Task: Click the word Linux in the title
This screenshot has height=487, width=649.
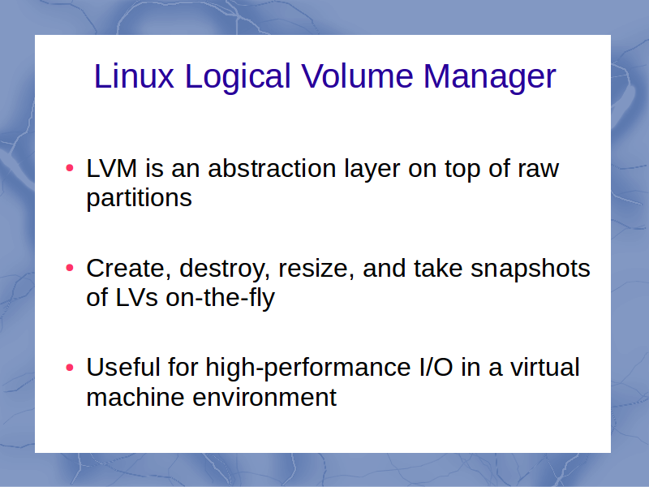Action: pos(134,76)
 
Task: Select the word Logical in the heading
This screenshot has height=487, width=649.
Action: pos(238,77)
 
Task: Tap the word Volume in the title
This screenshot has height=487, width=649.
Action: pos(357,76)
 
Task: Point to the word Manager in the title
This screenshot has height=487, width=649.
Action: pos(490,77)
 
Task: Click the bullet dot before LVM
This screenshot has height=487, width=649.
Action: pos(70,168)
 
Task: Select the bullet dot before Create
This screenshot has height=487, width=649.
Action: pos(70,268)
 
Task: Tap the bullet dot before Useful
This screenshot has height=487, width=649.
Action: pos(70,367)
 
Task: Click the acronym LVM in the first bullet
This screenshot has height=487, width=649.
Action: pos(111,168)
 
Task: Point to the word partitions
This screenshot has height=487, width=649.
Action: pos(139,198)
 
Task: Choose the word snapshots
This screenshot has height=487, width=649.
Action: pos(531,269)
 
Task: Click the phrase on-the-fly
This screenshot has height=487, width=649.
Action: pos(220,298)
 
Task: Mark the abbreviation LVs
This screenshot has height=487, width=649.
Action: pos(136,297)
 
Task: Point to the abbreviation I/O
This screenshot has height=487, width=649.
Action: pos(436,367)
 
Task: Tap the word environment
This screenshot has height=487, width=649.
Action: pos(264,398)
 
